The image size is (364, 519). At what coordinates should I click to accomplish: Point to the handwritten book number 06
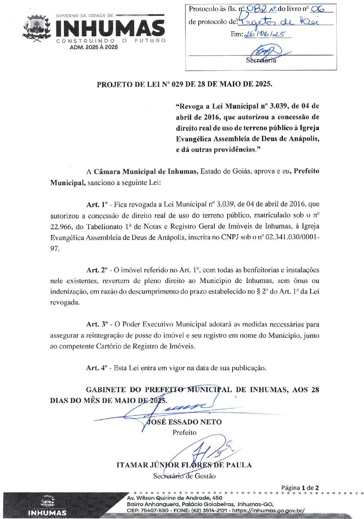[316, 9]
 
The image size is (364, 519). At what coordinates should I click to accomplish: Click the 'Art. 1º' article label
[97, 204]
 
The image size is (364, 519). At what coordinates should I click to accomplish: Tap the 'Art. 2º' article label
[97, 270]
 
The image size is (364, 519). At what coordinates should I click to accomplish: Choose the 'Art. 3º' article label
[97, 324]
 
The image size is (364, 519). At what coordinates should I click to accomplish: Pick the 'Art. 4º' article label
[97, 368]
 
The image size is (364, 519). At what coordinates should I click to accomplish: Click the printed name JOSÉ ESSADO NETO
[184, 422]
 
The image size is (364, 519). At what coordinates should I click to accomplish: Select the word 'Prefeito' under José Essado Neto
[184, 432]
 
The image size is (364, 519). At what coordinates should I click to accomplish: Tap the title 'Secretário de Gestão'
[184, 476]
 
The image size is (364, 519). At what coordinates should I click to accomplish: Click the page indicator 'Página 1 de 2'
[300, 488]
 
